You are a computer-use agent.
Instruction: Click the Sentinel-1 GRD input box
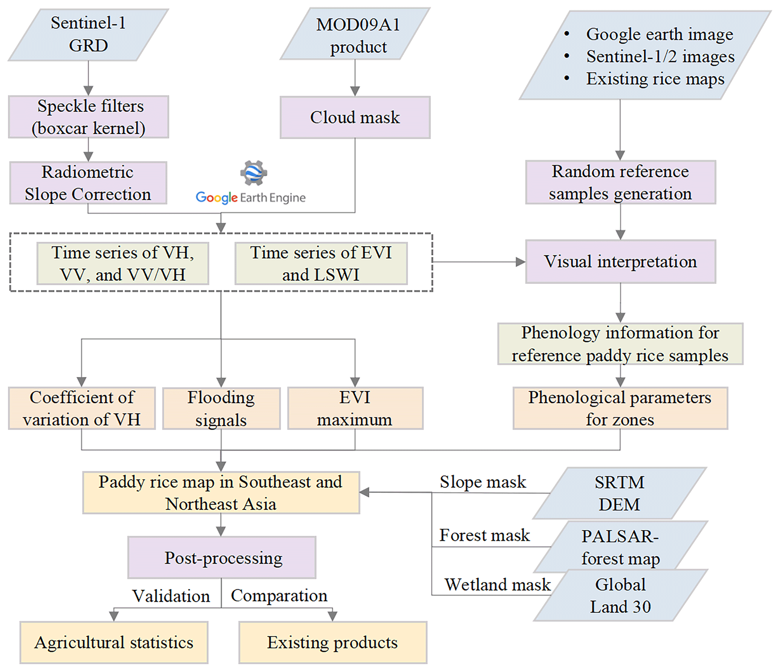point(88,35)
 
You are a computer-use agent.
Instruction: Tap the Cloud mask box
point(355,117)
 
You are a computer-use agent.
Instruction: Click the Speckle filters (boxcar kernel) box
point(89,117)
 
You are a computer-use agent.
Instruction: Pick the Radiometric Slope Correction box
point(88,183)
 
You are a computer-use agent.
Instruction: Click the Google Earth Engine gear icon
point(254,173)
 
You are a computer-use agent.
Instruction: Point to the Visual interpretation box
point(620,262)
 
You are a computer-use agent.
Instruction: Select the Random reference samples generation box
point(620,182)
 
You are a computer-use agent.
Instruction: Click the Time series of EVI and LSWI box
point(321,263)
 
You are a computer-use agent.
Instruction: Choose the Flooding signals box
point(221,408)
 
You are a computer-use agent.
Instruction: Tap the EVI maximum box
point(355,408)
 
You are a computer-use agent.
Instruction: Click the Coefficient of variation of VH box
point(82,408)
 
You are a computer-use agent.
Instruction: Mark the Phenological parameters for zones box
point(620,408)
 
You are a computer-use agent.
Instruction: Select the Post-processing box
point(222,558)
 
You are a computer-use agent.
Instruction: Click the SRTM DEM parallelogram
point(620,493)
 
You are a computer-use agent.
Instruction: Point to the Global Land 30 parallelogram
point(620,596)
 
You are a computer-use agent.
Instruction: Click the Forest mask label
point(484,535)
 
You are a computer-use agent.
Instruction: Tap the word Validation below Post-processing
point(171,596)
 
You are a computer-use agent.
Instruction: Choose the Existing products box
point(332,642)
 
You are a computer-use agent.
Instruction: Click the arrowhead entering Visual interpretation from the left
point(520,262)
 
